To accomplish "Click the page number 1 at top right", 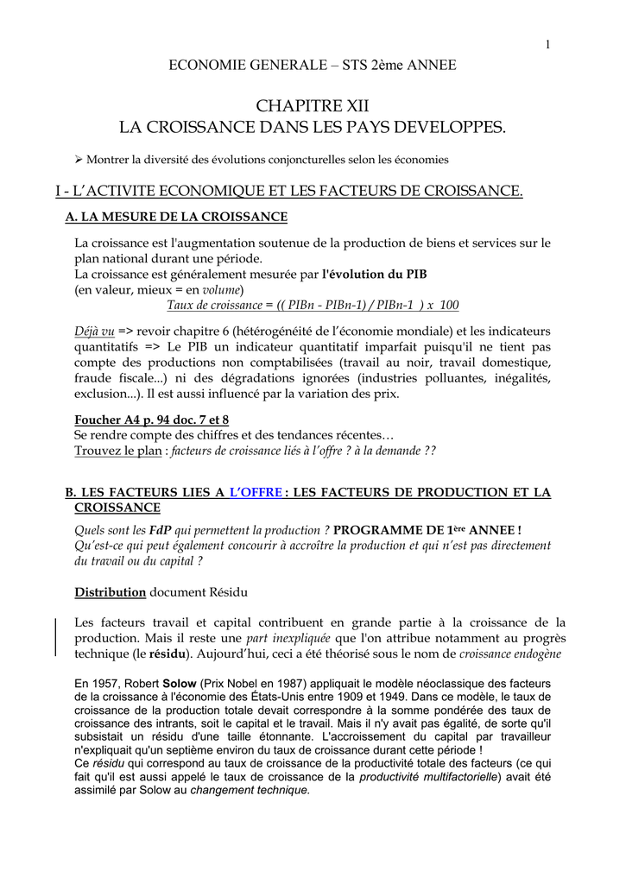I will [547, 45].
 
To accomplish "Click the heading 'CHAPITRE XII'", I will [313, 106].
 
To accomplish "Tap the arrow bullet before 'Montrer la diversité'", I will [79, 160].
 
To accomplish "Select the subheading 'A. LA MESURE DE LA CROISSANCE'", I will [176, 216].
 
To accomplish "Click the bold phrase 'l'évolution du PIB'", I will [374, 274].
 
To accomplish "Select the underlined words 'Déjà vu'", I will [94, 331].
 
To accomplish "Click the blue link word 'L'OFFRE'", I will [256, 492].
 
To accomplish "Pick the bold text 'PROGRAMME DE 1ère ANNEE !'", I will [427, 530].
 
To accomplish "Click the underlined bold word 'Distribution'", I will [110, 592].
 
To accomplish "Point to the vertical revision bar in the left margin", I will [56, 637].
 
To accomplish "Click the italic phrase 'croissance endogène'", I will [509, 654].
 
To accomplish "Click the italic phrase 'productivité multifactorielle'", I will [427, 777].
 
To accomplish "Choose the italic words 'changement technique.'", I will [250, 790].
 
